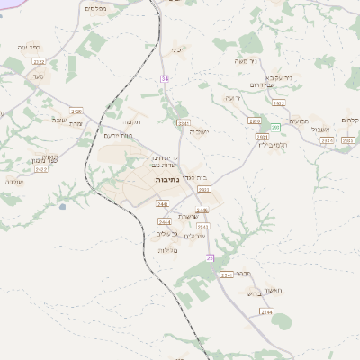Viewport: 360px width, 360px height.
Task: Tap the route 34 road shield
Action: click(x=165, y=79)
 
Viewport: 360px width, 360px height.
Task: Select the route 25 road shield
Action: click(x=211, y=257)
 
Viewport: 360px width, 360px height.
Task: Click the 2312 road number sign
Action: click(x=278, y=103)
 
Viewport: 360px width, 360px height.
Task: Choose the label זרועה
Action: click(x=234, y=97)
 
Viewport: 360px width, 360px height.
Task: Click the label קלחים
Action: click(x=350, y=121)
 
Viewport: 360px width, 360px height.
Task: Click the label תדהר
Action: click(x=253, y=272)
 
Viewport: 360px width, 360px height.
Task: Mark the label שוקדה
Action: click(x=14, y=182)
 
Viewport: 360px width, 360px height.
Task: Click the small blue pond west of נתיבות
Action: click(x=62, y=207)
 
